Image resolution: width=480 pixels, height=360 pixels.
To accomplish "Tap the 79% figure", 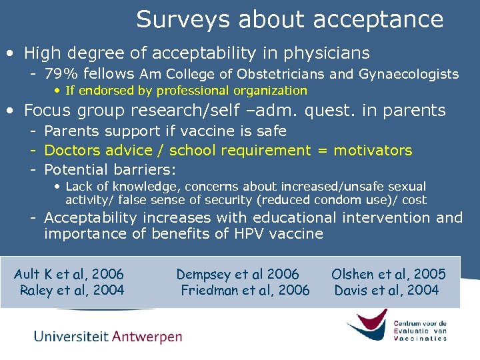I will point(58,74).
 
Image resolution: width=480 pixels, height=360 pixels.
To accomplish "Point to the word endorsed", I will point(113,91).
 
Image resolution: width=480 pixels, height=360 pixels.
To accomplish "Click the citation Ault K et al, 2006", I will point(69,273).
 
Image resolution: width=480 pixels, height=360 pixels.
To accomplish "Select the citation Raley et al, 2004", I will point(72,290).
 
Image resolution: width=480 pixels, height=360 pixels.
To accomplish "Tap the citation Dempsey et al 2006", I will point(237,273).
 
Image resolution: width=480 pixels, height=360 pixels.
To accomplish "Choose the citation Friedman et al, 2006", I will point(245,290).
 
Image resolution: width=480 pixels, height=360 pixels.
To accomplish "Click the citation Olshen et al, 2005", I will point(388,273).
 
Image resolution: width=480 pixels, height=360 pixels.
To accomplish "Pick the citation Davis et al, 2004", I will point(387,290).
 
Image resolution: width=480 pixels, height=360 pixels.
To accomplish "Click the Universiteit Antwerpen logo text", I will point(108,337).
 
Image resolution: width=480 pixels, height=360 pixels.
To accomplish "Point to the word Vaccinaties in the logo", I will point(420,338).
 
